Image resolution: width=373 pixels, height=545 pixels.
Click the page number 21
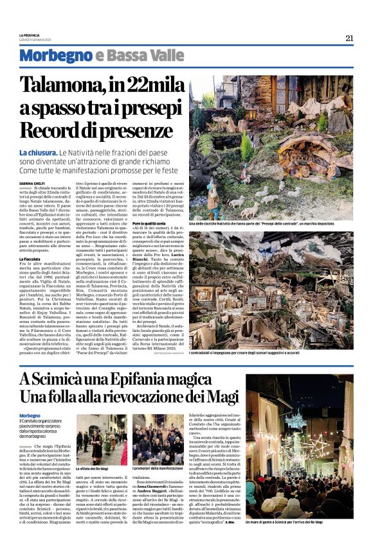click(349, 38)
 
